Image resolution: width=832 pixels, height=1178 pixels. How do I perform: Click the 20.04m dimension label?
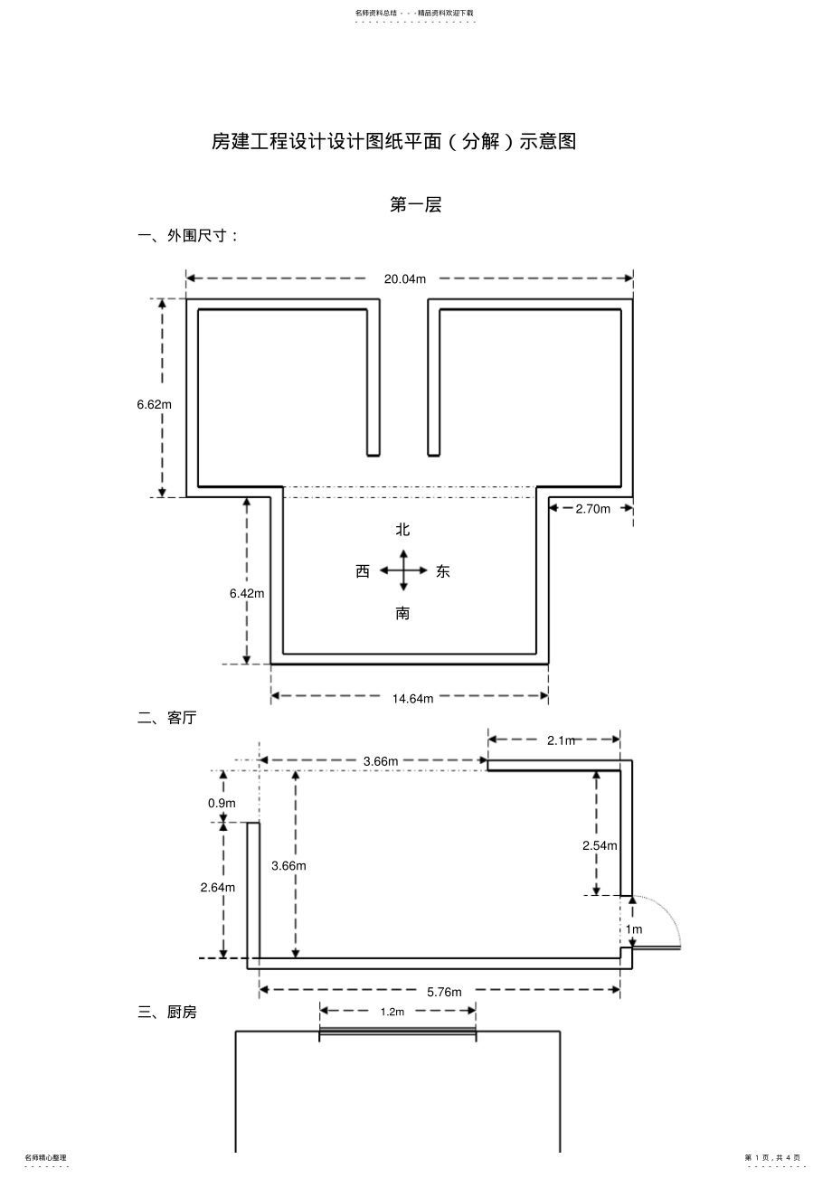404,278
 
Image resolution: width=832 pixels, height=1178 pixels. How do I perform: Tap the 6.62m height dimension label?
154,404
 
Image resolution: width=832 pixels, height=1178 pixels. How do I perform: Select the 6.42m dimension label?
246,593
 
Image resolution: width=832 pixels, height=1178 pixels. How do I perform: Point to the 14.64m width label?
412,698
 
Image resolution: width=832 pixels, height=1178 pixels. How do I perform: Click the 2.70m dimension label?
592,508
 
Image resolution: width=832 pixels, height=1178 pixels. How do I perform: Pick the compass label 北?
402,530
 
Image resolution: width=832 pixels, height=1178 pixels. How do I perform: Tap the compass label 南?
402,614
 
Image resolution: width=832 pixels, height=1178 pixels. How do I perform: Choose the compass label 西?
363,571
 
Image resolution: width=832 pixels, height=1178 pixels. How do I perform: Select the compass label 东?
442,571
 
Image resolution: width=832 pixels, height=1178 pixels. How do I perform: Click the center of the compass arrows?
403,570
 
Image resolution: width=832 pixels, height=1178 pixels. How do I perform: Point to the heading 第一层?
415,205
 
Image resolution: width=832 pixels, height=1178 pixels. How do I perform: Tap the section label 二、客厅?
166,718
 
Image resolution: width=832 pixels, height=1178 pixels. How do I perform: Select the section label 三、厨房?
166,1013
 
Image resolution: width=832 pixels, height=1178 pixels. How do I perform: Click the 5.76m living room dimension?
444,992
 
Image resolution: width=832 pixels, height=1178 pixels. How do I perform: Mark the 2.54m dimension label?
599,845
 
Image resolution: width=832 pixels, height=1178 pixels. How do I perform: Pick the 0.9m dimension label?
222,803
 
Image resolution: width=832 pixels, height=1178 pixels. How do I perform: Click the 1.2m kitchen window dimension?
392,1012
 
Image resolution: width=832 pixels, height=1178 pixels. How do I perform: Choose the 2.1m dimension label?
561,740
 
